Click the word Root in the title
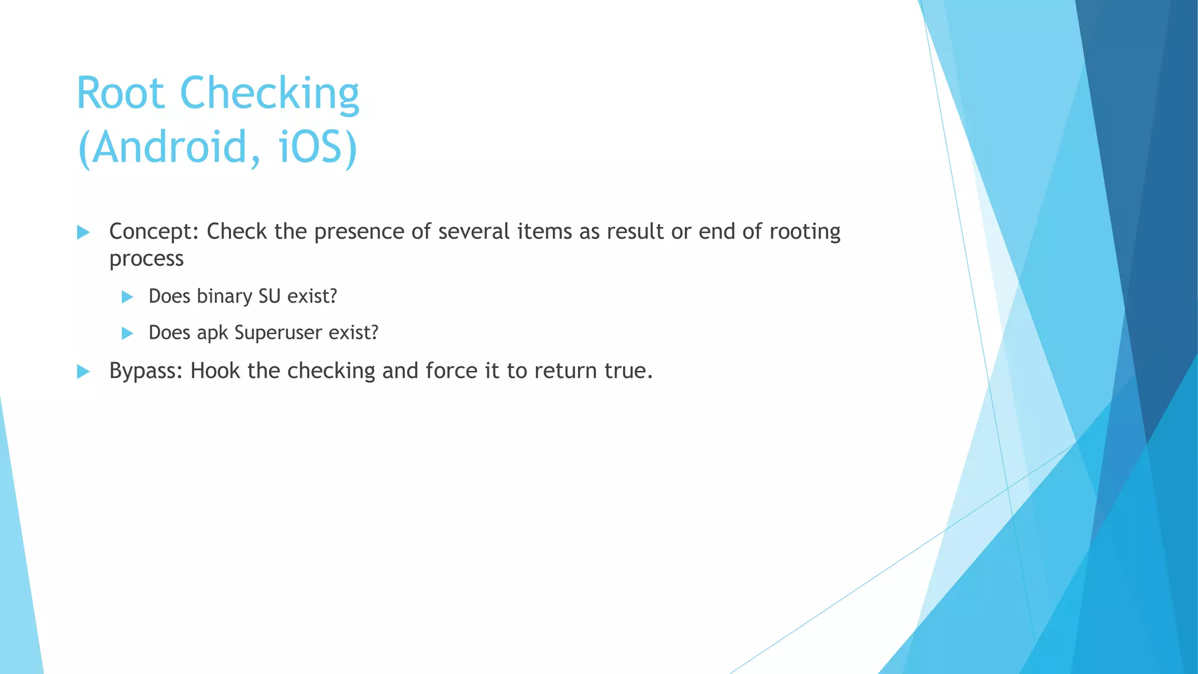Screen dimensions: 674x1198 point(121,94)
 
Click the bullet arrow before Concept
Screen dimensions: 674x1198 point(83,232)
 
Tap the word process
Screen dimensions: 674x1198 point(146,259)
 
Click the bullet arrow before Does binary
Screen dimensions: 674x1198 point(127,297)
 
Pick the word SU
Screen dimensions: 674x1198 point(270,297)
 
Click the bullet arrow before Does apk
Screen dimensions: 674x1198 point(127,333)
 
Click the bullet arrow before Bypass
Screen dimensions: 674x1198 point(83,372)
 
